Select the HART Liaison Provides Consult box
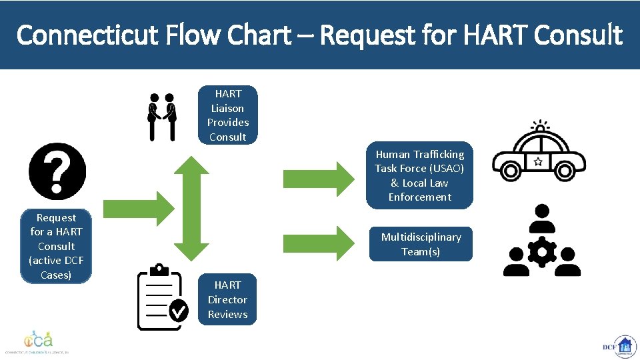[x=227, y=115]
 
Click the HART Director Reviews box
[x=227, y=299]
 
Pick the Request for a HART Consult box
[x=56, y=246]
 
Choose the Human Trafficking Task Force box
[x=419, y=175]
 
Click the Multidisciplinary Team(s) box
[x=421, y=244]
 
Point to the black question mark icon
[x=57, y=172]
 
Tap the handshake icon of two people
[x=161, y=117]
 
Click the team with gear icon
[x=541, y=241]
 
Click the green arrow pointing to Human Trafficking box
[x=319, y=178]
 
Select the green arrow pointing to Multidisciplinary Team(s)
[x=319, y=243]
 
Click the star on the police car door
[x=537, y=161]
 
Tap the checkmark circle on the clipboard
[x=179, y=310]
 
